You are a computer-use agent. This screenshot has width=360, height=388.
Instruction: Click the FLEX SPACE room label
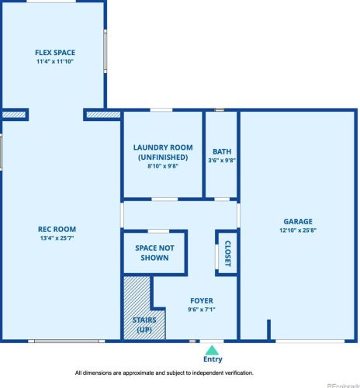pyautogui.click(x=55, y=53)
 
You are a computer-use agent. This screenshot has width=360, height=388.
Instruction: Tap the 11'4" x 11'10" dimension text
pyautogui.click(x=55, y=61)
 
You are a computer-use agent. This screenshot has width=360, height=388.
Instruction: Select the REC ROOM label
pyautogui.click(x=57, y=229)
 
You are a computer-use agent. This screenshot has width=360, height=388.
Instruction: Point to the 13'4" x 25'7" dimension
pyautogui.click(x=57, y=238)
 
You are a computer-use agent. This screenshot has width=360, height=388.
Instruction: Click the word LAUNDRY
pyautogui.click(x=148, y=147)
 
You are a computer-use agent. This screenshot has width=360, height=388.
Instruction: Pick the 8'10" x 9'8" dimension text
pyautogui.click(x=163, y=166)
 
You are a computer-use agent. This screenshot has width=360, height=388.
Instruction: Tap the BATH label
pyautogui.click(x=222, y=151)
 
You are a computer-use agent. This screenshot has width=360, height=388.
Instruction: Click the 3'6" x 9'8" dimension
pyautogui.click(x=222, y=161)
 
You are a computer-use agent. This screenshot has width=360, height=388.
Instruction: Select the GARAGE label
pyautogui.click(x=298, y=221)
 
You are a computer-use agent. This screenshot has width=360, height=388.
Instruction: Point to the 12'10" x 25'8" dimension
pyautogui.click(x=298, y=230)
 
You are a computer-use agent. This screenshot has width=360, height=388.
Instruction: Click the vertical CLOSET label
pyautogui.click(x=227, y=254)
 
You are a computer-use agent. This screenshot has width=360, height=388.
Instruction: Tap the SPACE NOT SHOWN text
pyautogui.click(x=154, y=253)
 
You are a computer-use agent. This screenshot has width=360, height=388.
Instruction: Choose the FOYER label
pyautogui.click(x=202, y=301)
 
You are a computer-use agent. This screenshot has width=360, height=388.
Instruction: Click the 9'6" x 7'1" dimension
pyautogui.click(x=202, y=310)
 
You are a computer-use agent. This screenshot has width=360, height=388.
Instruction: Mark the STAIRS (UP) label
pyautogui.click(x=144, y=325)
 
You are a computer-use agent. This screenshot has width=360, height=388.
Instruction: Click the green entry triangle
pyautogui.click(x=212, y=351)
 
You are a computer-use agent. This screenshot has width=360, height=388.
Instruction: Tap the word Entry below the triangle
pyautogui.click(x=213, y=359)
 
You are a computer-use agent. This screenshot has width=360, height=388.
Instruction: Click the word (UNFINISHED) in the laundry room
pyautogui.click(x=163, y=158)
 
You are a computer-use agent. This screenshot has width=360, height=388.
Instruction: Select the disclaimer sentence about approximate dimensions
pyautogui.click(x=164, y=373)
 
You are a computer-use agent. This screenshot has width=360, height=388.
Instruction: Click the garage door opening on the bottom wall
pyautogui.click(x=310, y=341)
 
